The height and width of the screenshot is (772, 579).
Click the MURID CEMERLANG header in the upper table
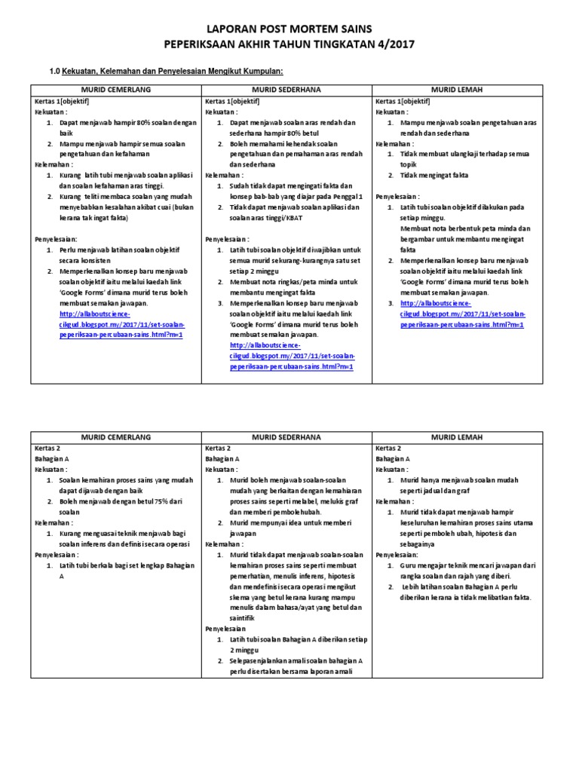(x=116, y=90)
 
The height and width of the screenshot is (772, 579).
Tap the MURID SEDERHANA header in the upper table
(x=286, y=90)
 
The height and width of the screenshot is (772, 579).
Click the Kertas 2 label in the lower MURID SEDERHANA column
(x=219, y=448)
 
